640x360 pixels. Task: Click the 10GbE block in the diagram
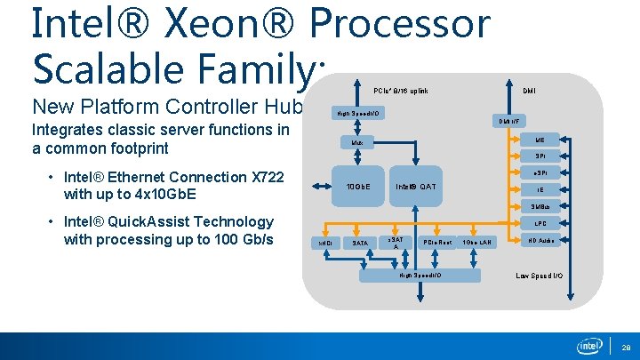point(357,187)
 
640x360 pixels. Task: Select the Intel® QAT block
point(415,187)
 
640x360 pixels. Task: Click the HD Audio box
point(540,241)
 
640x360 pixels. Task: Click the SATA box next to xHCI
point(360,243)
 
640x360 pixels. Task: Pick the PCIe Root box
point(437,243)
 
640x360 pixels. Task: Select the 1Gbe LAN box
point(477,243)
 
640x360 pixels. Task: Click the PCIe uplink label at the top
point(400,91)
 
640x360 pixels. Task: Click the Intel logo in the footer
point(589,345)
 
